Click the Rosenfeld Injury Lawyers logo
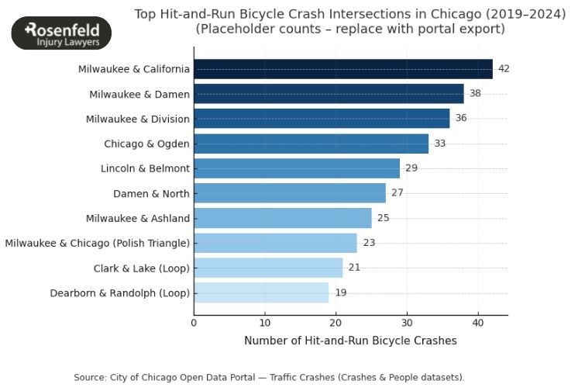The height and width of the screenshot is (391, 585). pos(62,33)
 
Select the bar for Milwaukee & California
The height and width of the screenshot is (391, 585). pos(342,69)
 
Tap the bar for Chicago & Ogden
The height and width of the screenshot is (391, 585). pos(311,144)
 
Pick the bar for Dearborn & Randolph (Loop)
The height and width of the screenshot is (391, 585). pos(261,292)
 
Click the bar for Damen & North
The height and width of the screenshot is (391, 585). pos(289,193)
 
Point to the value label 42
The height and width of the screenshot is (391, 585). pos(504,69)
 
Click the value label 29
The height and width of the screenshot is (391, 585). pos(411,168)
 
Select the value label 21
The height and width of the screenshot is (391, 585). pos(354,268)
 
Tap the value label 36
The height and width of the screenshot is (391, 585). pos(461,119)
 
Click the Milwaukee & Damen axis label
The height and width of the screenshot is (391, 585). pos(139,94)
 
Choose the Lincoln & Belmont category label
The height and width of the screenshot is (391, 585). pos(145,168)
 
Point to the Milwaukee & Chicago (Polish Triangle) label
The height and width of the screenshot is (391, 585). pos(97,243)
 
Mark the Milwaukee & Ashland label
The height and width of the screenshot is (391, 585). pos(136,218)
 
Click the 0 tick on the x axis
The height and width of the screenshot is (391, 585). pos(194,323)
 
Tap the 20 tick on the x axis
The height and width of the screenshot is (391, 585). pos(336,323)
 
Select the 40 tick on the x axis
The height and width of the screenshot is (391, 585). pos(478,323)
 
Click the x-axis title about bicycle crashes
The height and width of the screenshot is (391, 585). pos(350,341)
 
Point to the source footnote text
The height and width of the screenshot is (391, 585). pos(269,377)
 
